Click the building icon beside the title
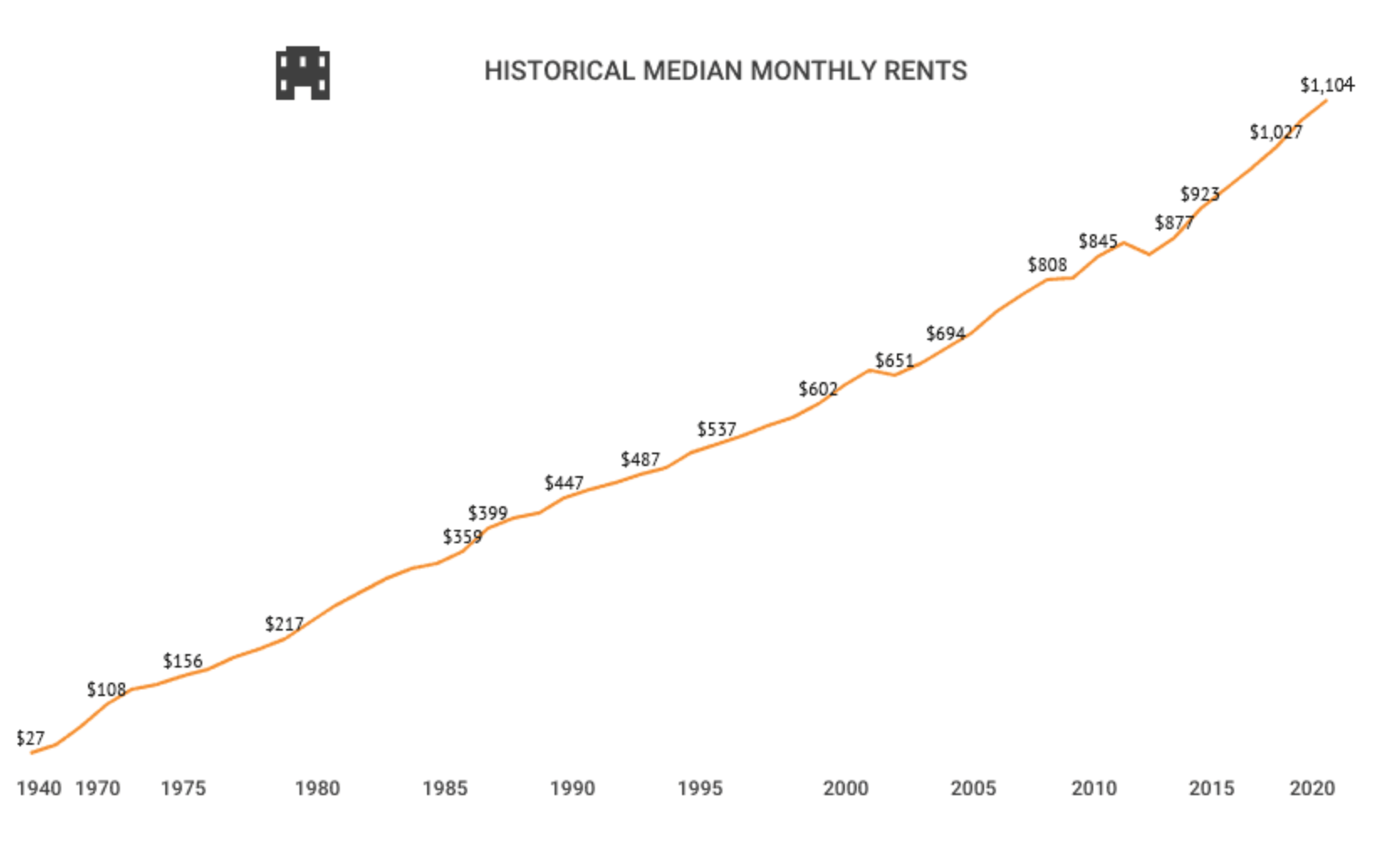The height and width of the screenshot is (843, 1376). [302, 73]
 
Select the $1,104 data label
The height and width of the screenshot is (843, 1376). [1326, 85]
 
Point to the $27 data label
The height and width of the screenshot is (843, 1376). [30, 738]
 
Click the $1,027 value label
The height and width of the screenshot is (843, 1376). [1275, 132]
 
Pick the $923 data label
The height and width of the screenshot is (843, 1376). [1199, 194]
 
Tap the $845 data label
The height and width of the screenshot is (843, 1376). [1097, 242]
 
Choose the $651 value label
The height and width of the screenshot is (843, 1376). [894, 360]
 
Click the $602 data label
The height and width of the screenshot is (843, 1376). [817, 389]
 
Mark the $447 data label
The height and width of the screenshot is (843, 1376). [563, 483]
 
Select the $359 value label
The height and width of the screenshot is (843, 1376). [462, 537]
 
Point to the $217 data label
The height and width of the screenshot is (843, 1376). [284, 624]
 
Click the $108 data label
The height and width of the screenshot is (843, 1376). [106, 689]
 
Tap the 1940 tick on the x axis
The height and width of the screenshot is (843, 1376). [39, 788]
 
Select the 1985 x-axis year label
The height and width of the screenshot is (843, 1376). [445, 788]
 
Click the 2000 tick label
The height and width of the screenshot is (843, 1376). [845, 788]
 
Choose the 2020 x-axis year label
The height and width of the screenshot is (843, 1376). [1311, 788]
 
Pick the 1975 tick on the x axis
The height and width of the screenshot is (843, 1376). [183, 788]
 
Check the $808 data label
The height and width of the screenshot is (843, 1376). [1047, 264]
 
